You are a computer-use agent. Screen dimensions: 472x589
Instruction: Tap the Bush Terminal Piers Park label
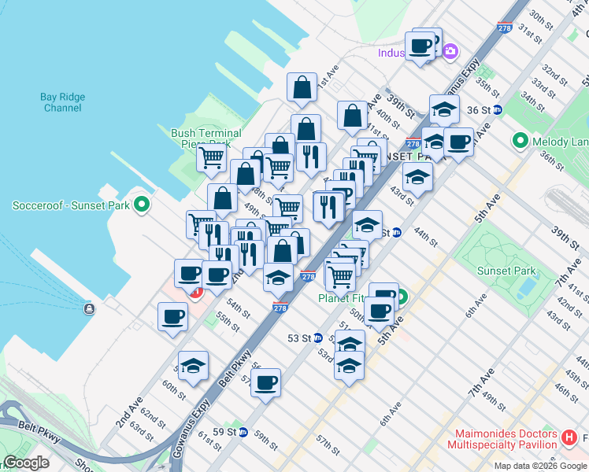coord(206,138)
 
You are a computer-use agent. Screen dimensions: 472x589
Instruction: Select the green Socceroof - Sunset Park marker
coord(142,206)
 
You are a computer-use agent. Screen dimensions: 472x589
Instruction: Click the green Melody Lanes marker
coord(520,142)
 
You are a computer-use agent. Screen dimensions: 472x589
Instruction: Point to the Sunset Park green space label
coord(506,271)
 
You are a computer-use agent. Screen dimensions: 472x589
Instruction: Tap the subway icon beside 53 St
coord(318,338)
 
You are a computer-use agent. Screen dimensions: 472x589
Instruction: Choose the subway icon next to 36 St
coord(498,110)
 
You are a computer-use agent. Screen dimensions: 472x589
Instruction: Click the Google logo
coord(26,463)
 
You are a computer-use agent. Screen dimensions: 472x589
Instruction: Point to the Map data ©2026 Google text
coord(539,466)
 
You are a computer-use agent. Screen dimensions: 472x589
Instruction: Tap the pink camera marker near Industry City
coord(450,53)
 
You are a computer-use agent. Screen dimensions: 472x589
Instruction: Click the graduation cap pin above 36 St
coord(444,108)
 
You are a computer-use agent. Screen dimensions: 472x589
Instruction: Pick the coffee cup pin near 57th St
coord(266,382)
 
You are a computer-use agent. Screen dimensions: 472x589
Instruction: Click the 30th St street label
coord(543,17)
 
